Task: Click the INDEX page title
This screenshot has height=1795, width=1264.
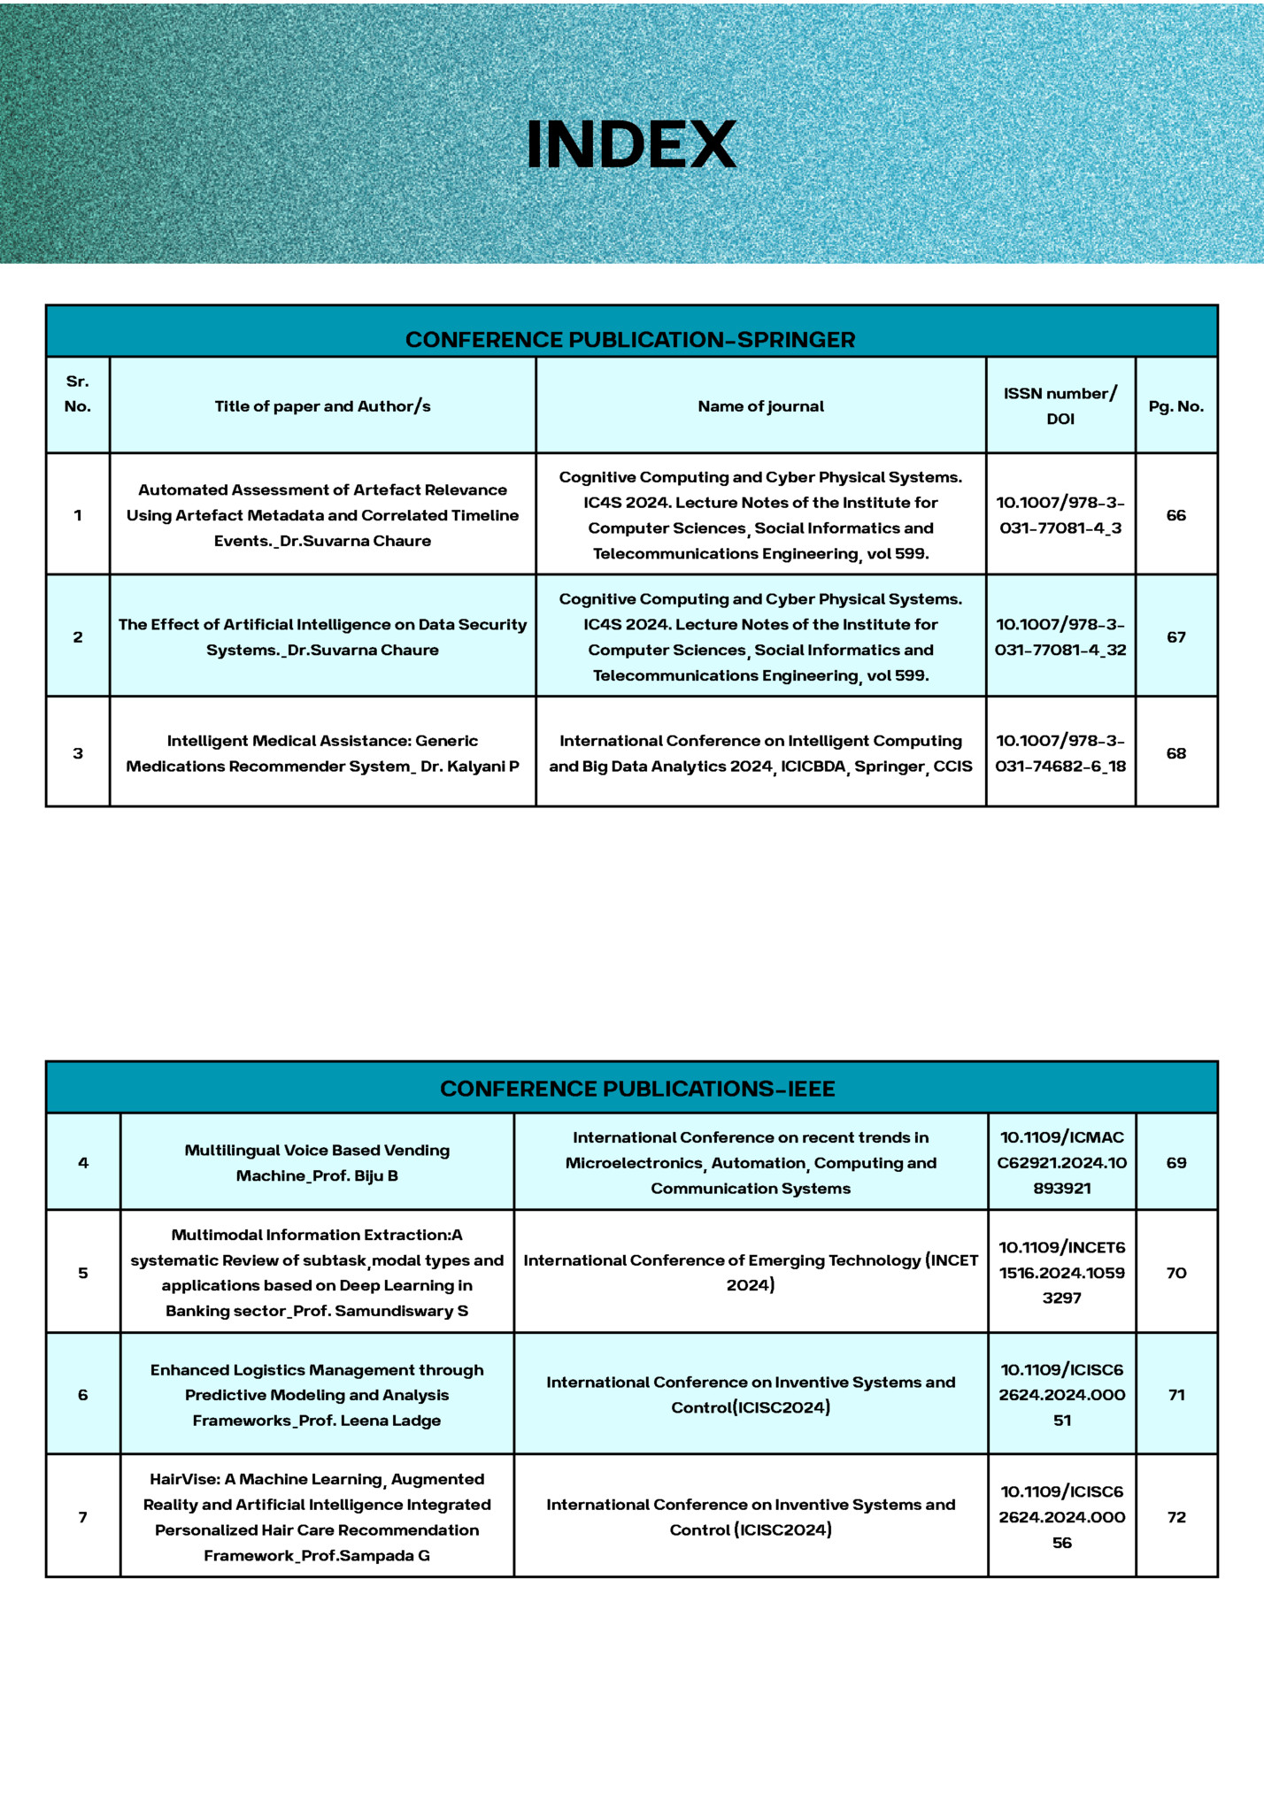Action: pyautogui.click(x=631, y=144)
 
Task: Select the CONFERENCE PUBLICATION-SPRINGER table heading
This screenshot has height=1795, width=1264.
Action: pyautogui.click(x=630, y=340)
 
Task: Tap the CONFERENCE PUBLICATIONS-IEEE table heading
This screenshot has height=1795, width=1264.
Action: pyautogui.click(x=637, y=1089)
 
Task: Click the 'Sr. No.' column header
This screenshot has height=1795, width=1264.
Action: pyautogui.click(x=78, y=394)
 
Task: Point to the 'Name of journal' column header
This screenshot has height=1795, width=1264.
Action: pyautogui.click(x=760, y=406)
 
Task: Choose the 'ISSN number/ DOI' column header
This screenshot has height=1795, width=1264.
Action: pyautogui.click(x=1060, y=405)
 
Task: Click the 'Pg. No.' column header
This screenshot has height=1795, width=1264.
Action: pyautogui.click(x=1175, y=406)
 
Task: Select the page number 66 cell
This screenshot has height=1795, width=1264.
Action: pyautogui.click(x=1175, y=515)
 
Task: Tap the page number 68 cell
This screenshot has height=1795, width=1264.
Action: pyautogui.click(x=1175, y=753)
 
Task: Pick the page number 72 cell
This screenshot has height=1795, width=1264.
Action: pyautogui.click(x=1175, y=1517)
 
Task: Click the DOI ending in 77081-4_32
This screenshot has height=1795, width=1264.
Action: pyautogui.click(x=1060, y=637)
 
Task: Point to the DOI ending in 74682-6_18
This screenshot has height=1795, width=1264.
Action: pyautogui.click(x=1060, y=753)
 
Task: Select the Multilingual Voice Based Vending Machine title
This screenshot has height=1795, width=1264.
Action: pyautogui.click(x=317, y=1163)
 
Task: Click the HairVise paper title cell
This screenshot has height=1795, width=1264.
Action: pyautogui.click(x=317, y=1517)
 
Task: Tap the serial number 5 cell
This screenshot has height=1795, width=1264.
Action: pyautogui.click(x=83, y=1273)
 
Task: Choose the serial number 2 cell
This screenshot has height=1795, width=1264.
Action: pyautogui.click(x=78, y=637)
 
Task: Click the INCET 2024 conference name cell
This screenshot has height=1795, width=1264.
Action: pyautogui.click(x=751, y=1273)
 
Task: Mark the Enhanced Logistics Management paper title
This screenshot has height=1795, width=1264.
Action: pyautogui.click(x=317, y=1395)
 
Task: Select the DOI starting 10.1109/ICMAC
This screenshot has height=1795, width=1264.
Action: pyautogui.click(x=1061, y=1163)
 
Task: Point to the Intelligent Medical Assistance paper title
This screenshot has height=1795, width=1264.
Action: pyautogui.click(x=322, y=753)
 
